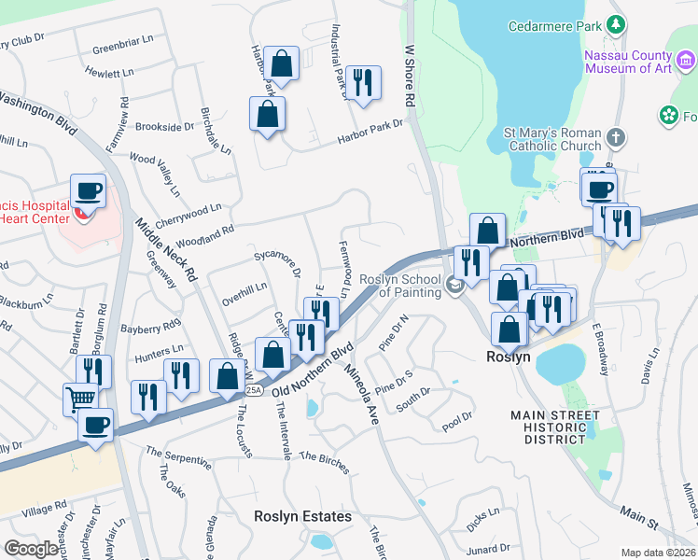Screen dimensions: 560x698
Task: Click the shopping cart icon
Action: coord(81,399)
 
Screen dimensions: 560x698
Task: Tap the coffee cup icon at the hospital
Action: coord(89,191)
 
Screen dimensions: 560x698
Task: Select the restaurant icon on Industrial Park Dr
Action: coord(361,82)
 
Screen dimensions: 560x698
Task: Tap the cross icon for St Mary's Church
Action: coord(614,138)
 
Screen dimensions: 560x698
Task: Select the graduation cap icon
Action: coord(455,286)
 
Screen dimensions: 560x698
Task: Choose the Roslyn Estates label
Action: coord(302,516)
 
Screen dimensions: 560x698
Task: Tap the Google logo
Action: coord(31,549)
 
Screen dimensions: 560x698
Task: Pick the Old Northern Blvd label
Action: coord(313,368)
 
